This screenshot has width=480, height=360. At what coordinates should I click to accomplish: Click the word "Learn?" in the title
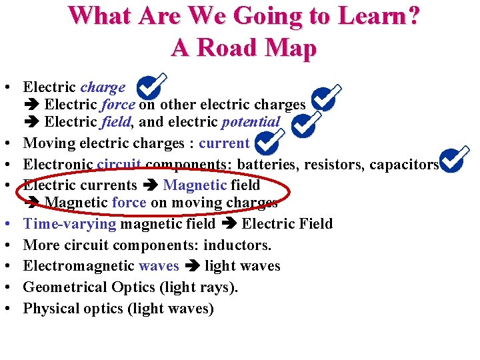(377, 16)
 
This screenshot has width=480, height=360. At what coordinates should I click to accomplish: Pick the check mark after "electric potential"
(307, 123)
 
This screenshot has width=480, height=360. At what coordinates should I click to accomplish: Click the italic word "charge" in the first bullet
(103, 87)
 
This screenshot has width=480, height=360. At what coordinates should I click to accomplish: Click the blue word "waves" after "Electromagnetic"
(159, 266)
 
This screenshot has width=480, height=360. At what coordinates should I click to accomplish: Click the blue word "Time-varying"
(70, 223)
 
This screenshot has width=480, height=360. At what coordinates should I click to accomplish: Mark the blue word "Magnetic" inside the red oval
(195, 185)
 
